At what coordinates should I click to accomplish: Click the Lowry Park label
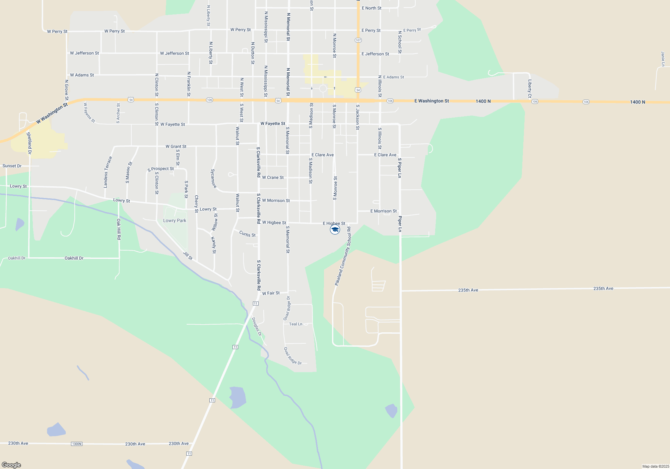tap(175, 220)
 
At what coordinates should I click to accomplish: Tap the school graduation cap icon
tap(335, 229)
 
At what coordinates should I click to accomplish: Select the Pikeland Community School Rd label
tap(343, 256)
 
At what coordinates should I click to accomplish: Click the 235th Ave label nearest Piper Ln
tap(468, 290)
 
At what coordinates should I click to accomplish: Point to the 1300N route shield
tap(77, 444)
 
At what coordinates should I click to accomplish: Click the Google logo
tap(11, 465)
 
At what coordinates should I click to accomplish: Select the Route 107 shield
tap(358, 40)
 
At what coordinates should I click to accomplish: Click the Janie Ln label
tap(663, 59)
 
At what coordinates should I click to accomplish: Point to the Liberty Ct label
tap(530, 88)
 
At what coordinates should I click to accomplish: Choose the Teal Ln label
tap(295, 324)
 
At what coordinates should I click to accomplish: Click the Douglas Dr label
tap(257, 327)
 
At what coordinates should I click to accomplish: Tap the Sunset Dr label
tap(12, 166)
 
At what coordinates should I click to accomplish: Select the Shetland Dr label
tap(29, 143)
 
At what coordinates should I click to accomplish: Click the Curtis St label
tap(247, 234)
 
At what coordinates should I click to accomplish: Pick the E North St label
tap(372, 8)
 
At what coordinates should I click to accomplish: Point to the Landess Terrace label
tap(108, 172)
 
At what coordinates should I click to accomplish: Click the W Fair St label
tap(271, 293)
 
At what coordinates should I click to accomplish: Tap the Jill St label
tap(188, 256)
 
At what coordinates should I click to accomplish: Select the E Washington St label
tap(431, 101)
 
